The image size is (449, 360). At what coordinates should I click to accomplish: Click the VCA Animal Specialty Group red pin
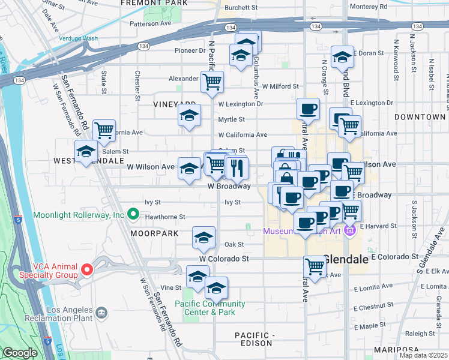tap(86, 269)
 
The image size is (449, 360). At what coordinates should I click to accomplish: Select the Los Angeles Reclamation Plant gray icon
tap(101, 312)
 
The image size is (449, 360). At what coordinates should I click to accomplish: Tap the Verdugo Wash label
tap(78, 38)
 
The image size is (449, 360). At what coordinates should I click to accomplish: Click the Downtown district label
tap(420, 117)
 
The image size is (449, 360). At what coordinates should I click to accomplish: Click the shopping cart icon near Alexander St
tap(212, 81)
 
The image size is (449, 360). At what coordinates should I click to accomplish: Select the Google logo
tap(20, 353)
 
